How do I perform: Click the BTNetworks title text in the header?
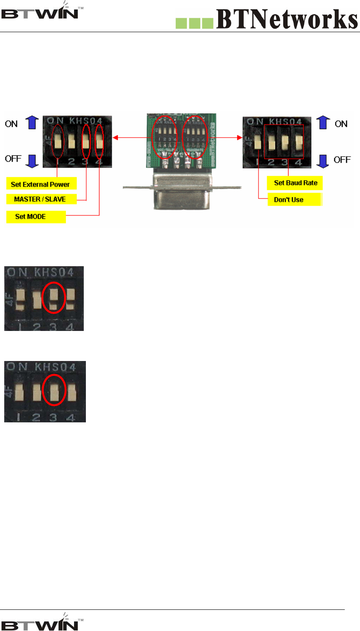tap(287, 19)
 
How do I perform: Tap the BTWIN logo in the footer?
tap(41, 622)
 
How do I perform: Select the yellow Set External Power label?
tap(41, 184)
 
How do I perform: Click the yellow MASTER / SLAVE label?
tap(40, 199)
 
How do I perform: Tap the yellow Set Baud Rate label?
tap(295, 183)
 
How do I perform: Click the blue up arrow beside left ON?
tap(32, 122)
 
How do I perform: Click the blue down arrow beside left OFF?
tap(32, 160)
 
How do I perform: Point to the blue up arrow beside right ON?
tap(323, 122)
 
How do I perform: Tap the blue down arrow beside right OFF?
tap(323, 161)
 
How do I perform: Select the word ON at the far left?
tap(11, 124)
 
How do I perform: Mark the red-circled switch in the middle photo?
tap(54, 297)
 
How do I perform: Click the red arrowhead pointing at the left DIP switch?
tap(115, 138)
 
